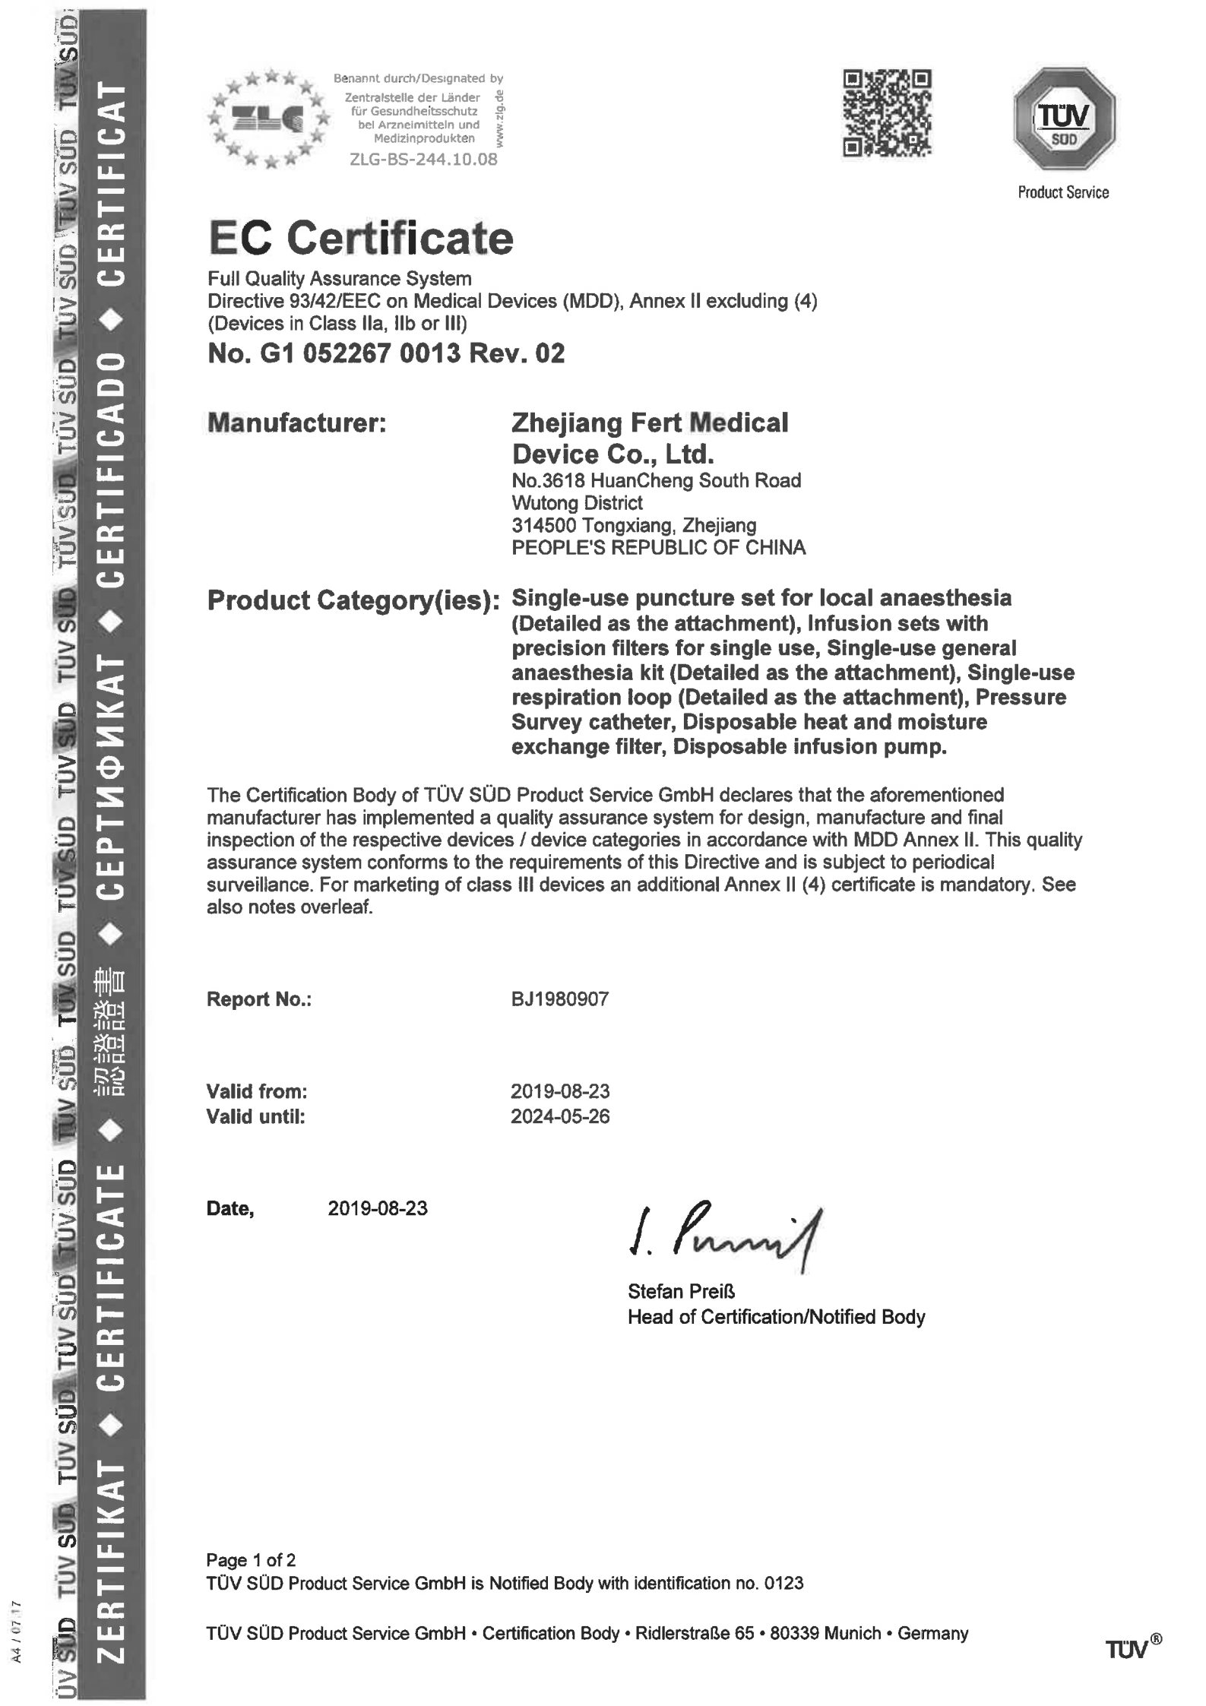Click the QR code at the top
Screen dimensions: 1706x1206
pyautogui.click(x=887, y=113)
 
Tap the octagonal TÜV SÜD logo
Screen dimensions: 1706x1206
pyautogui.click(x=1064, y=119)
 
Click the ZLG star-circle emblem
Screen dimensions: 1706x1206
pyautogui.click(x=268, y=118)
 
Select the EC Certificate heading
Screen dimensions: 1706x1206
pyautogui.click(x=361, y=239)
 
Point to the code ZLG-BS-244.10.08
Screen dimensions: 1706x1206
pyautogui.click(x=423, y=160)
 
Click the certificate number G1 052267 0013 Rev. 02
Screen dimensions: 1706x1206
pyautogui.click(x=386, y=353)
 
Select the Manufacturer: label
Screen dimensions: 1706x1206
pyautogui.click(x=297, y=423)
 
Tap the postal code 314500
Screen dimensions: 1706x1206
pyautogui.click(x=543, y=525)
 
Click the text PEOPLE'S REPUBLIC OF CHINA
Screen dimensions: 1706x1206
pyautogui.click(x=658, y=547)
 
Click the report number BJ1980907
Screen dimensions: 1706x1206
pyautogui.click(x=559, y=999)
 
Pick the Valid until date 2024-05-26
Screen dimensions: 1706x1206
pyautogui.click(x=559, y=1116)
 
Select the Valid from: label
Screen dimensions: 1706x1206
pyautogui.click(x=257, y=1091)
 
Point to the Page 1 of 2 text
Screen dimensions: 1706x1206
pyautogui.click(x=251, y=1560)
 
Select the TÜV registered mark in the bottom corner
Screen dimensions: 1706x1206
pyautogui.click(x=1132, y=1647)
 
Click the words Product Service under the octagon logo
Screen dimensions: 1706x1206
pyautogui.click(x=1063, y=193)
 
